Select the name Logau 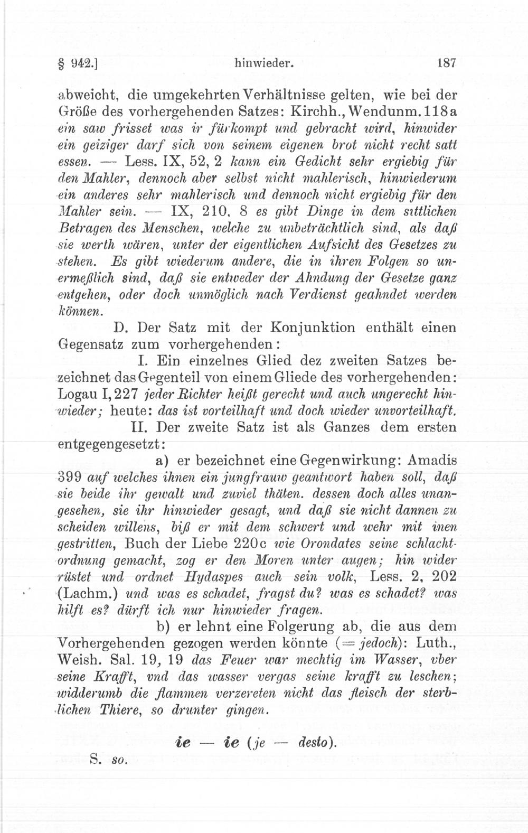75,395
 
